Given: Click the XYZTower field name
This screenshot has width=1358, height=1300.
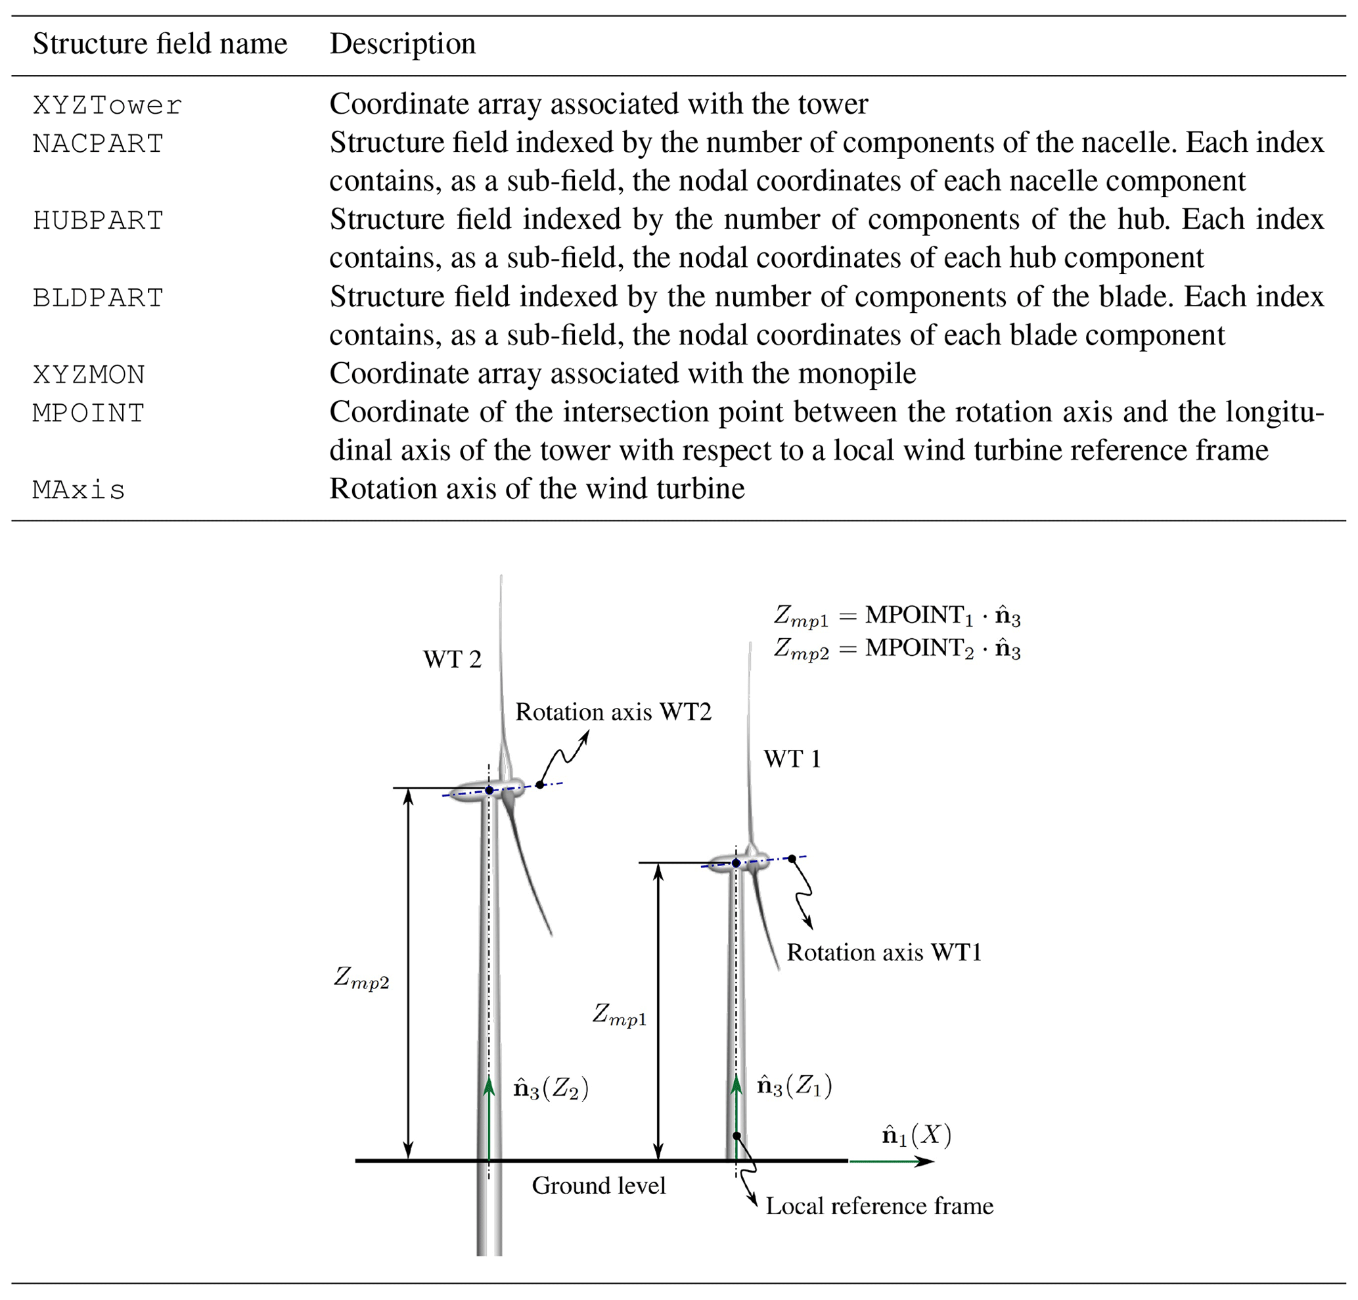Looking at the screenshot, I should click(107, 105).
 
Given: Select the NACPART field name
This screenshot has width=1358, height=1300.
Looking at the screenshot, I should click(99, 143).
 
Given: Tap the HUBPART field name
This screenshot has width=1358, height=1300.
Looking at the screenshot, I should click(99, 220).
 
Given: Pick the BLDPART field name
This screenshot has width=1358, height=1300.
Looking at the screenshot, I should click(99, 298).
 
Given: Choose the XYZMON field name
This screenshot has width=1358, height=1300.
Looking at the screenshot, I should click(89, 375).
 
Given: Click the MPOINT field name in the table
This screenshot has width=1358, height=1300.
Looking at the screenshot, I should click(89, 413).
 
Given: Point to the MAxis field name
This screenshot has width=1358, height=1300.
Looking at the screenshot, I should click(79, 490).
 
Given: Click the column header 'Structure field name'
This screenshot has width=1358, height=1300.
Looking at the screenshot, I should click(160, 43).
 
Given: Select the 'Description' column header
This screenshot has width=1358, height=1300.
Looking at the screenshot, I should click(403, 43).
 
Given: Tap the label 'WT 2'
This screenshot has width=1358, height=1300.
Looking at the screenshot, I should click(452, 659).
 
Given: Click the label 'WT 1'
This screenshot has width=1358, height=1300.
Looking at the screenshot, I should click(792, 760).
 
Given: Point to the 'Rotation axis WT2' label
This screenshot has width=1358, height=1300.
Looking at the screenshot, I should click(613, 712).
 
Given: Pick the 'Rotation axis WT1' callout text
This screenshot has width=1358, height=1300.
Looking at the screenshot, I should click(884, 953).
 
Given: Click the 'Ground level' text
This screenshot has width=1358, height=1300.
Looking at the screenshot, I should click(599, 1186).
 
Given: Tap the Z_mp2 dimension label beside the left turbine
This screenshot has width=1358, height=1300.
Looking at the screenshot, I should click(361, 978).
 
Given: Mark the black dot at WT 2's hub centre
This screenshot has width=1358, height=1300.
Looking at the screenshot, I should click(489, 791).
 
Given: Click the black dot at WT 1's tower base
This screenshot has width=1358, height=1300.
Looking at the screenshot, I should click(736, 1136).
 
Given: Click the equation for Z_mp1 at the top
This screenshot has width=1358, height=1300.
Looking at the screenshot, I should click(897, 616).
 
